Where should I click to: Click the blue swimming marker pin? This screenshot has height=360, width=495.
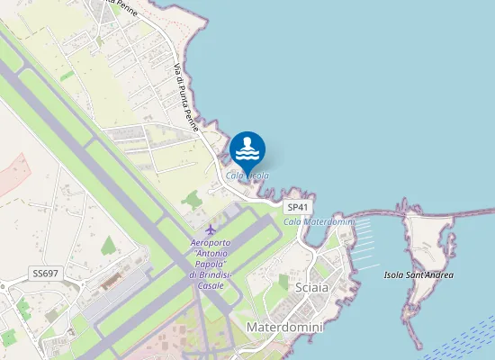(x=247, y=149)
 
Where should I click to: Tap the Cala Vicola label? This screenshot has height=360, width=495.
(x=247, y=175)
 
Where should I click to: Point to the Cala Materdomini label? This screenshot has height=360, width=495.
(x=319, y=221)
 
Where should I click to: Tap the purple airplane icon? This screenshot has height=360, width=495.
(x=211, y=230)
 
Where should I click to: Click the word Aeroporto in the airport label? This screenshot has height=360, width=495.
(x=211, y=244)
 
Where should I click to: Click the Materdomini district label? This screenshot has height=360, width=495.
(x=283, y=328)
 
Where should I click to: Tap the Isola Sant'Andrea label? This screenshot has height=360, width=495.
(x=418, y=274)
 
